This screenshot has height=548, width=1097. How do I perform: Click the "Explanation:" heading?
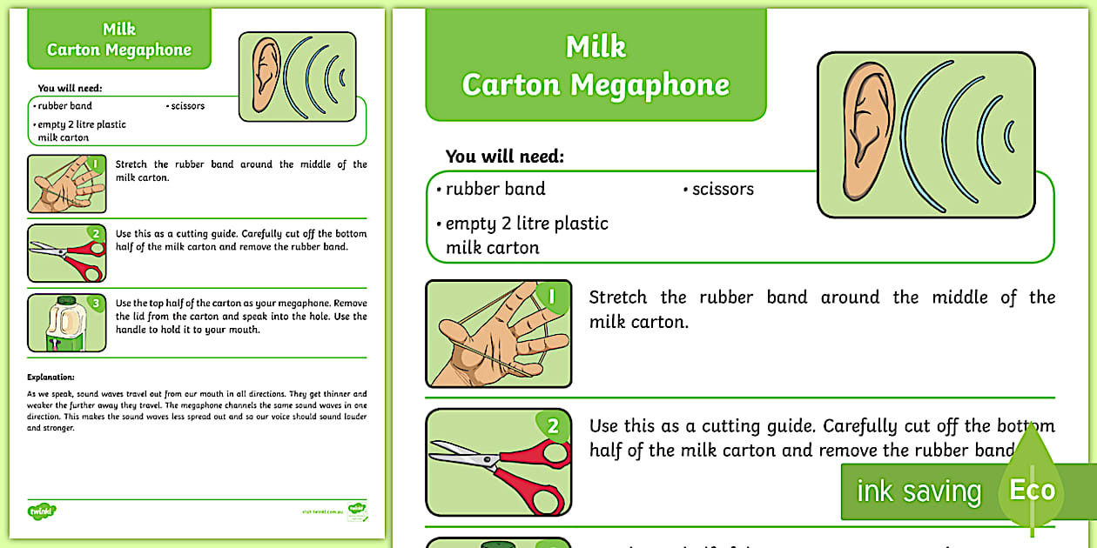point(51,377)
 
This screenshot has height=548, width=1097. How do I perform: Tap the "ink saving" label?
point(918,492)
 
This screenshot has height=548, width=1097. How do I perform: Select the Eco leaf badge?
point(1032,489)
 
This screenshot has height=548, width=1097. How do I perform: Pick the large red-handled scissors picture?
point(498,462)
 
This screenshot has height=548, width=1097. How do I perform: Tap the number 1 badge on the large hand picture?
point(551,297)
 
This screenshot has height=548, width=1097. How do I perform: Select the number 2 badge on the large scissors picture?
point(552,426)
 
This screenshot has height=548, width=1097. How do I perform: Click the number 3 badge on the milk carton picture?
point(96,304)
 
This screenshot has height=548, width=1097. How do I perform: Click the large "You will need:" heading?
point(505,157)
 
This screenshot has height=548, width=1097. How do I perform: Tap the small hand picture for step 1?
point(66,184)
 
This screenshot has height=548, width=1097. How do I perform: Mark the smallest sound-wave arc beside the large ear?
point(1010,137)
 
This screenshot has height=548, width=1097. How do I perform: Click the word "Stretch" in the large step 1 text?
point(617,297)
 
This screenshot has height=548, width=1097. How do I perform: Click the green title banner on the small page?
point(119,40)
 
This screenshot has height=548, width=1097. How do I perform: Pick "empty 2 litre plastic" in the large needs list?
point(527,224)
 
